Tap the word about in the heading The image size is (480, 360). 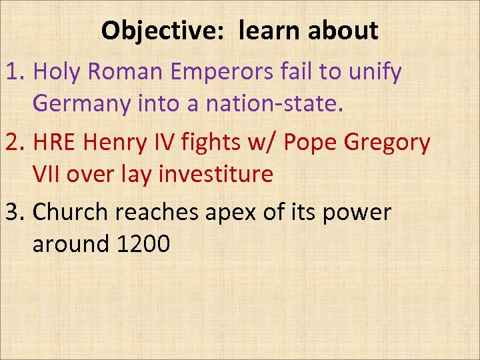[343, 31]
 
